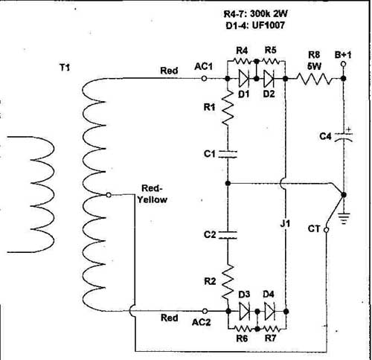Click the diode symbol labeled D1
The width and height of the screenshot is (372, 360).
pos(243,79)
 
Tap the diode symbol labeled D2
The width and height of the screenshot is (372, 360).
pos(269,79)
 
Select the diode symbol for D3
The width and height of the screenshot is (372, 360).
pos(244,312)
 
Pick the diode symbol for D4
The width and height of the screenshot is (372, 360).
pos(269,312)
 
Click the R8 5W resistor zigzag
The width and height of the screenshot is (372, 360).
pos(314,79)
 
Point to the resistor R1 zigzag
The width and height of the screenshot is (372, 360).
pos(228,107)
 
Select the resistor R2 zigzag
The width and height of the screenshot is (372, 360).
pos(228,282)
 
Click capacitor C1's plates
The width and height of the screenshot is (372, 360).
pos(228,154)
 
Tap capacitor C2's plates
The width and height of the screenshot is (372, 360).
pos(228,235)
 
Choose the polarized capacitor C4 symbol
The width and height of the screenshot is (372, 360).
pos(344,136)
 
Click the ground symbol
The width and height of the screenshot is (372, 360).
pos(344,218)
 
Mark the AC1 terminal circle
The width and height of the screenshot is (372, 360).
pos(204,79)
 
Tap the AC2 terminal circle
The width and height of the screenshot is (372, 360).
pos(205,311)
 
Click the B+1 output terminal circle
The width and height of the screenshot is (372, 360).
pos(344,64)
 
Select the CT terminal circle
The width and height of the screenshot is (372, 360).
pos(327,230)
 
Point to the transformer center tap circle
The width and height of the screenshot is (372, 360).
pos(109,195)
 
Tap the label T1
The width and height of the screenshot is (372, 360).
pos(65,68)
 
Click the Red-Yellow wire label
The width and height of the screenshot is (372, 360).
pos(153,194)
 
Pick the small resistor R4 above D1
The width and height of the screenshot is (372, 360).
pos(242,61)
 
